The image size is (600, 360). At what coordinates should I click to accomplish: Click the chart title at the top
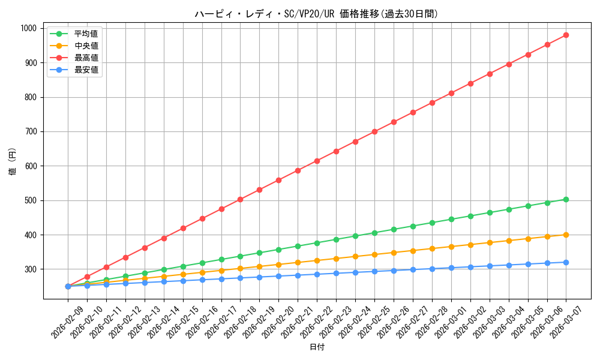click(316, 14)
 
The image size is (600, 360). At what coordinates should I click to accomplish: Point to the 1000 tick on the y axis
click(28, 28)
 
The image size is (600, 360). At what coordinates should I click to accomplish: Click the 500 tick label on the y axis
click(31, 200)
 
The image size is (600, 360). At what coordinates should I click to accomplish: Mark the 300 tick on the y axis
click(31, 269)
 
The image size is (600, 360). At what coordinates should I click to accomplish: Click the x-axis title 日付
click(316, 347)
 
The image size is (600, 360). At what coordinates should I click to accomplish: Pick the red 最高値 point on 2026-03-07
click(566, 35)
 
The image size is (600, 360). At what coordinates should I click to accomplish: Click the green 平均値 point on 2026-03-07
click(566, 199)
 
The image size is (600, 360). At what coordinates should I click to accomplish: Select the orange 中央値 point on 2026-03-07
click(566, 235)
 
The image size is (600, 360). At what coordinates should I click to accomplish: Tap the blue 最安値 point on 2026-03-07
click(566, 262)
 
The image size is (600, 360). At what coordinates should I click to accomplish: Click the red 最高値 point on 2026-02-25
click(374, 131)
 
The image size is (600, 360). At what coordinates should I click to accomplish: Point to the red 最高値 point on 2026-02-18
click(240, 199)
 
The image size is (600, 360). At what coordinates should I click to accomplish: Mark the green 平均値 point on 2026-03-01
click(451, 219)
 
